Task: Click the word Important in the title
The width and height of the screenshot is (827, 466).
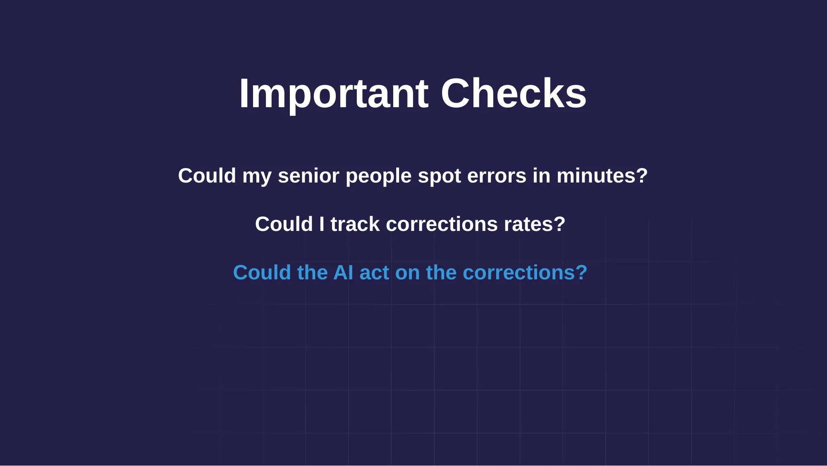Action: (x=333, y=94)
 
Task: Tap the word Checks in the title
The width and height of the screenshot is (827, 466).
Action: (x=514, y=94)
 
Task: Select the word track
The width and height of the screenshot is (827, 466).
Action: (x=355, y=224)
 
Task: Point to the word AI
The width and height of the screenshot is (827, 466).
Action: (x=343, y=273)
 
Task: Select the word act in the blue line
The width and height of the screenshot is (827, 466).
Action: (x=374, y=273)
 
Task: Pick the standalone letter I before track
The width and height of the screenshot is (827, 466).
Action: (x=322, y=224)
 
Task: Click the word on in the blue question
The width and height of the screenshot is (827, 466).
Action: (x=407, y=273)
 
